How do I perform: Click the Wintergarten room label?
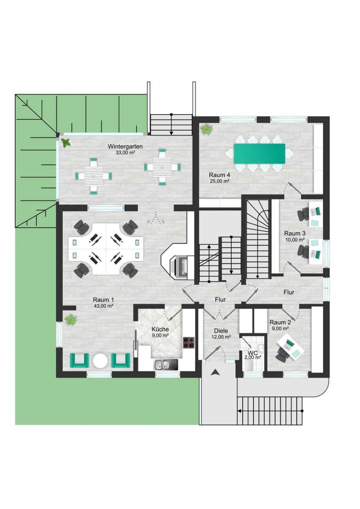click(125, 146)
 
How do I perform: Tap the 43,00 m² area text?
click(104, 306)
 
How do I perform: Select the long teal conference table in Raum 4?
click(259, 153)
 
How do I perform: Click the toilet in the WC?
click(250, 366)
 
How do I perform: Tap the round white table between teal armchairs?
click(100, 361)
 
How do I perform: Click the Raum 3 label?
click(295, 233)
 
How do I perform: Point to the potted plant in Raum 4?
click(207, 129)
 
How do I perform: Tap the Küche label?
click(160, 329)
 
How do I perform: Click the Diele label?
click(221, 331)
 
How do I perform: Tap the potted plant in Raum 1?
click(71, 320)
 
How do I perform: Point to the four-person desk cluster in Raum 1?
click(106, 249)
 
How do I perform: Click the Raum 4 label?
click(220, 175)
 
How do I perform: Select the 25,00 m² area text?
click(219, 181)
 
